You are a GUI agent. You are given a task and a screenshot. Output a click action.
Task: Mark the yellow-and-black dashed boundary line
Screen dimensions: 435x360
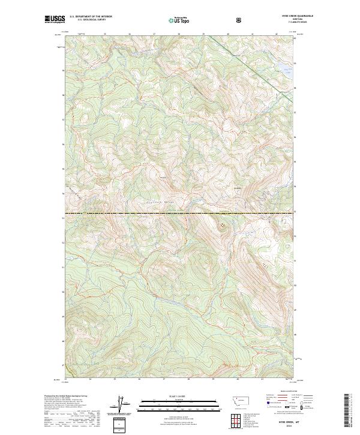(x=180, y=213)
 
